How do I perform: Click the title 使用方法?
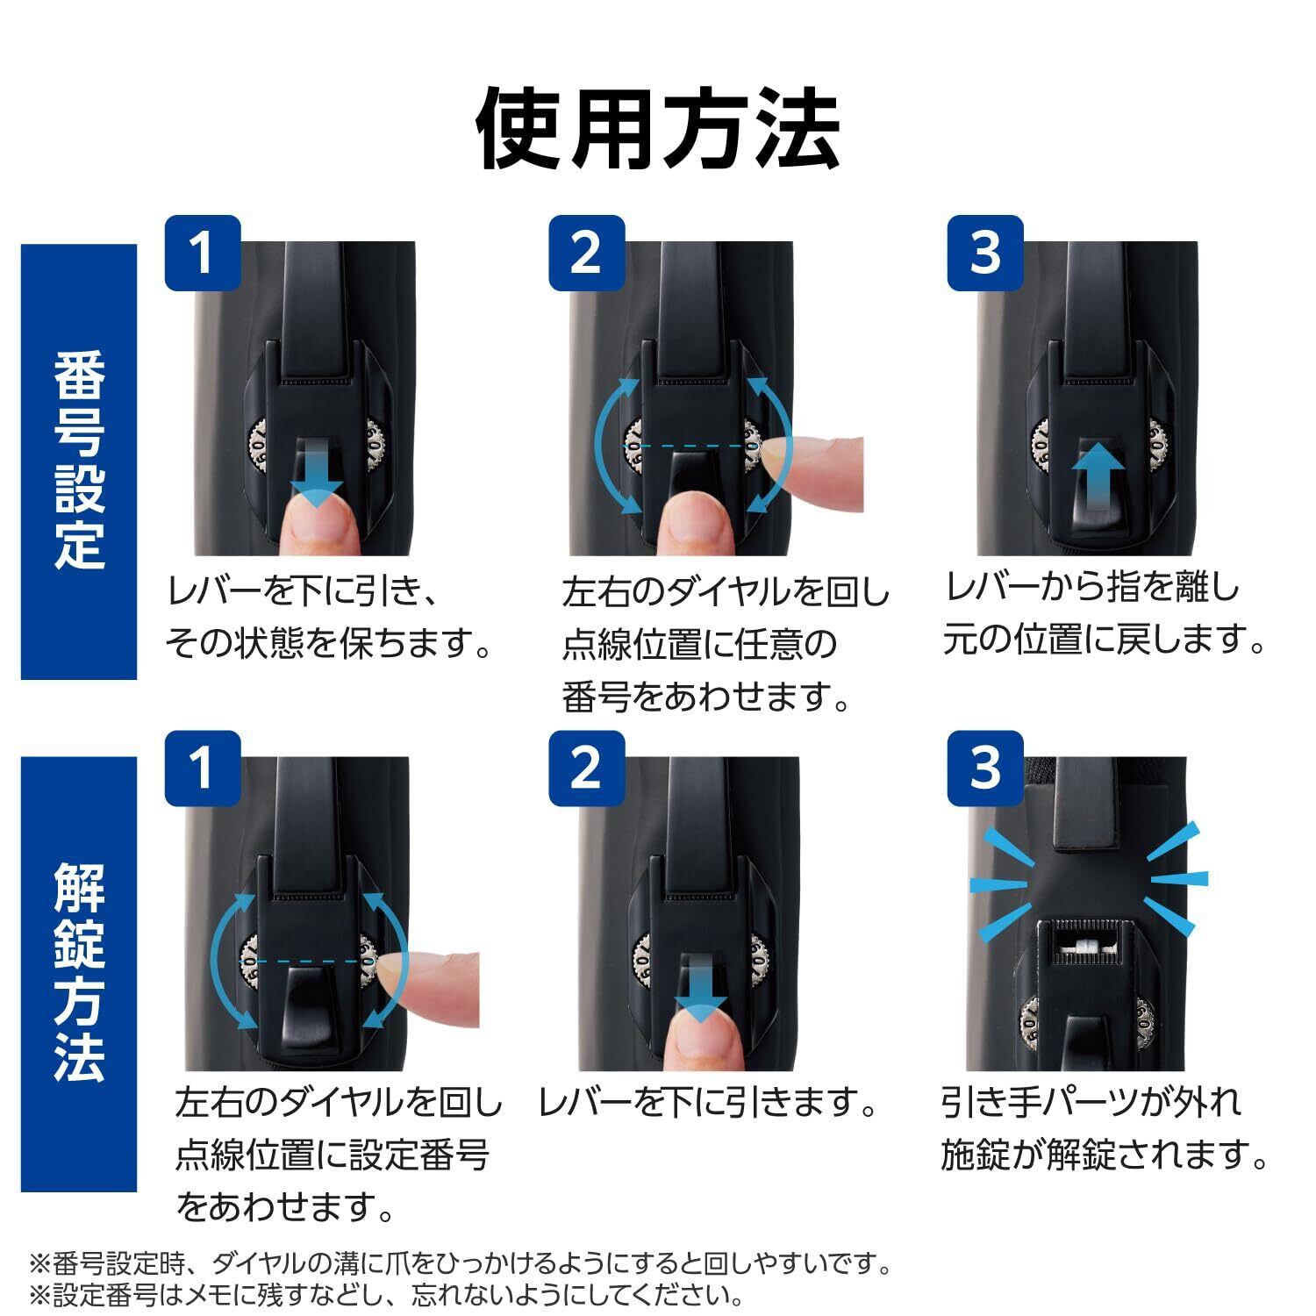[x=658, y=128]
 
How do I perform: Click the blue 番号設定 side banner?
[x=79, y=461]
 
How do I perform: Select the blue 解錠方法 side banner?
[x=79, y=974]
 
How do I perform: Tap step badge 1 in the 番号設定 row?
[x=203, y=253]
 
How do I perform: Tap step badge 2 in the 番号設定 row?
[x=586, y=253]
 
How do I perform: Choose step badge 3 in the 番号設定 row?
[x=985, y=253]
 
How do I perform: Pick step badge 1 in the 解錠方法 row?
[x=203, y=768]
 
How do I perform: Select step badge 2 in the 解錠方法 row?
[x=586, y=768]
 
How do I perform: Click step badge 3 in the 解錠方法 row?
[x=985, y=768]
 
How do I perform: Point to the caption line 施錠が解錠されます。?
[x=1105, y=1155]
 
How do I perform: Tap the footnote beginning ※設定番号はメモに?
[x=387, y=1295]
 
